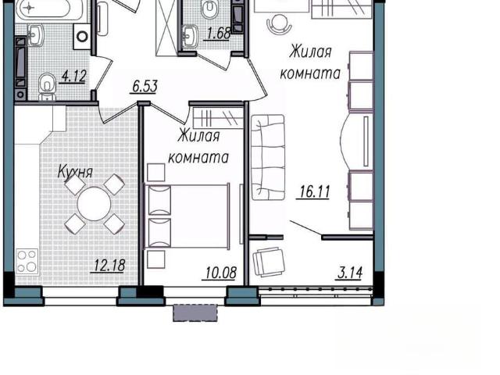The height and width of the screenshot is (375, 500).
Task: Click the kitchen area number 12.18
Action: (108, 266)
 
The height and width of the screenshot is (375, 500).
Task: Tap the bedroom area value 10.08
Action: (220, 273)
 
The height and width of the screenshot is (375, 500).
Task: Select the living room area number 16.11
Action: (313, 191)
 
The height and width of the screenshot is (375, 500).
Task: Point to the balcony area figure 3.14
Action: (349, 273)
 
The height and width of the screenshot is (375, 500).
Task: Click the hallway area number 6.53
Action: (145, 87)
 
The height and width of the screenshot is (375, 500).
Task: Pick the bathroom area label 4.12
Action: (73, 77)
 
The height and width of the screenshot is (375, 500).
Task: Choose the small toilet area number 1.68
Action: (218, 34)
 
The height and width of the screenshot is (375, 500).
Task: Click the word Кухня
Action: (76, 173)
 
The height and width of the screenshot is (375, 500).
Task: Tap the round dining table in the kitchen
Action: (94, 203)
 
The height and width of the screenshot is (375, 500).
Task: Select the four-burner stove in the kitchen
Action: (27, 261)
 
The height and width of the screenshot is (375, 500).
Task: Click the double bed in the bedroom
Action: (187, 216)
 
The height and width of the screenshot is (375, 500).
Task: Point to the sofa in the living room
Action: (268, 157)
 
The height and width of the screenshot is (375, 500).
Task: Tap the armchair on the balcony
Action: (269, 262)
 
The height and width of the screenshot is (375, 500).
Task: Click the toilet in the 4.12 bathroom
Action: (47, 87)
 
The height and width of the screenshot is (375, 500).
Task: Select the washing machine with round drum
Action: (82, 37)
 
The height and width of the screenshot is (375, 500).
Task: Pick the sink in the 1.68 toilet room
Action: (191, 36)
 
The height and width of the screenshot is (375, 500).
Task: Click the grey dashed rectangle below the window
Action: (195, 312)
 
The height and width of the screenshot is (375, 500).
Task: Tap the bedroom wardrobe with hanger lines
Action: (218, 118)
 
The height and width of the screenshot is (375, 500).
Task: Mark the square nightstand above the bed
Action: (156, 173)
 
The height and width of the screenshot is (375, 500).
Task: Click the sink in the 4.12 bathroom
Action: (35, 35)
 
